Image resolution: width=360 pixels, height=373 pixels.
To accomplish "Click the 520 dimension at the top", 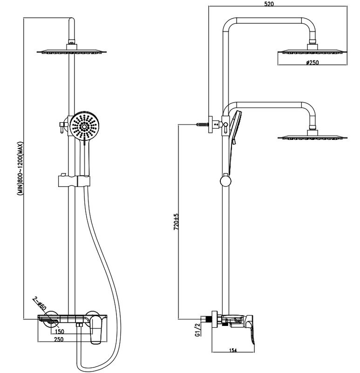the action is (x=269, y=4).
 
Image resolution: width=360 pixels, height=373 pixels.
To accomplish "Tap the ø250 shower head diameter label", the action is (x=312, y=62).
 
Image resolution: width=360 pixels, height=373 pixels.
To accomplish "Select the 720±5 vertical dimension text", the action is (x=176, y=221).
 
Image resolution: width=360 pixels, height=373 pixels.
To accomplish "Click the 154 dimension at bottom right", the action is (x=233, y=350).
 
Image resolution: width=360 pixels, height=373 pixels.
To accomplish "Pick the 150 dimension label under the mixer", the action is (x=60, y=332).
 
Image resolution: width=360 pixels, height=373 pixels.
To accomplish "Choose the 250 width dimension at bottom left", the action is (x=59, y=339).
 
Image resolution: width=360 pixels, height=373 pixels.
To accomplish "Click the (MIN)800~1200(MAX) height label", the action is (x=20, y=168).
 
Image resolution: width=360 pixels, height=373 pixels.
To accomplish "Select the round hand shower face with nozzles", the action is (x=84, y=126).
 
